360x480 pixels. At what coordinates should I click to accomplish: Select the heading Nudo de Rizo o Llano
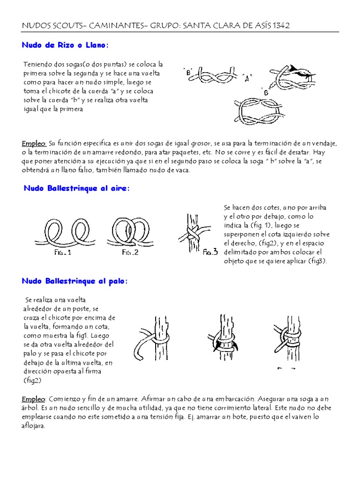click(x=65, y=45)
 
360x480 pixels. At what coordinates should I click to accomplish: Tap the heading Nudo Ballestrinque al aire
click(x=76, y=188)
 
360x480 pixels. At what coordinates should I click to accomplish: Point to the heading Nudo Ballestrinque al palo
click(x=75, y=281)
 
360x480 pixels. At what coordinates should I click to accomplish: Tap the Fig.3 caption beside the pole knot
click(x=210, y=253)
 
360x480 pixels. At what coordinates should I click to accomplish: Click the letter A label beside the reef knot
click(x=248, y=76)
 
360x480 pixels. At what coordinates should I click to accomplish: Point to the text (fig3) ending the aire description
click(x=317, y=261)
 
